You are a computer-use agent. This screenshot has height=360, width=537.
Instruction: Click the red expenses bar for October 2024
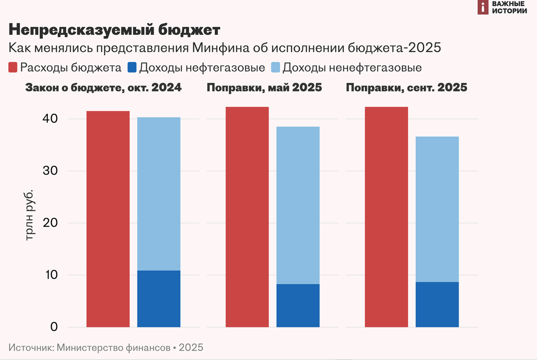click(108, 219)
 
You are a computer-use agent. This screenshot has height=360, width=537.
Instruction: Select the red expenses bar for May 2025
click(247, 217)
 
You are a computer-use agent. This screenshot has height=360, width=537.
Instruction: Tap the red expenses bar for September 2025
click(386, 217)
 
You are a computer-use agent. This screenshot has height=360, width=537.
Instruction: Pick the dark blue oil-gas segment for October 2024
click(158, 299)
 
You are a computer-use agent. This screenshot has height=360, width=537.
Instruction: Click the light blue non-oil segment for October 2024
click(158, 194)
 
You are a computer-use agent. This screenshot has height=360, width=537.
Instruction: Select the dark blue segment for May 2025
click(298, 305)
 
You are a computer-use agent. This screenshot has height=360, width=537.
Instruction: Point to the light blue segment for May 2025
click(298, 205)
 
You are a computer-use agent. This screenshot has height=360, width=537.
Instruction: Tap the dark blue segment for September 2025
click(437, 304)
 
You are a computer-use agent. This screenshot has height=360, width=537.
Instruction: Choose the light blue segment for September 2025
click(437, 209)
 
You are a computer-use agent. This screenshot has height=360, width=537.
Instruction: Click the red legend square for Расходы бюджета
click(13, 68)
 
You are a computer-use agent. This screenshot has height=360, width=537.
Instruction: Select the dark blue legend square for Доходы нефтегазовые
click(132, 68)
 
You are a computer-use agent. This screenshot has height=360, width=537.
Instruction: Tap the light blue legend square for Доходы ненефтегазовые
click(276, 68)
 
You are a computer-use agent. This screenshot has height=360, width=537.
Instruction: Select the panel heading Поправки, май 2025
click(264, 88)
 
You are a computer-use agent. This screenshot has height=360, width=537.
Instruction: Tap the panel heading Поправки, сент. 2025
click(406, 88)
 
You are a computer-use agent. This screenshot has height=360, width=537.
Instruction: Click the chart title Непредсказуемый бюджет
click(114, 30)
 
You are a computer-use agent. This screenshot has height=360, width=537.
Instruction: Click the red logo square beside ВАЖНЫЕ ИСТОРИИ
click(482, 7)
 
